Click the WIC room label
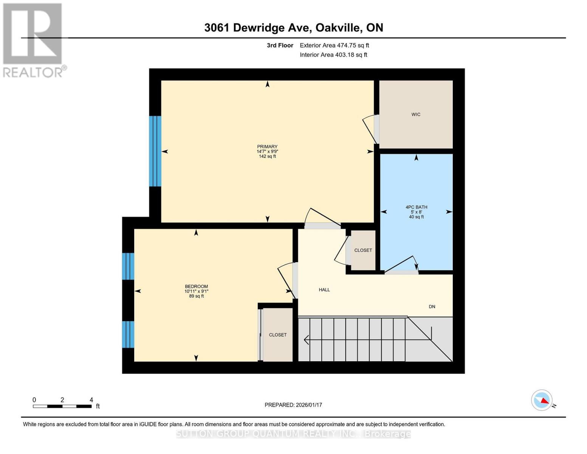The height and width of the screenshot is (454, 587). tap(416, 114)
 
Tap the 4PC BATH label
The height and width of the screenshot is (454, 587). tap(416, 207)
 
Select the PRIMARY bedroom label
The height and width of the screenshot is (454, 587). tap(267, 146)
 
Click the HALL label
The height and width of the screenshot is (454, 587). tap(324, 290)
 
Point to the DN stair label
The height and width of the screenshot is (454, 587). tap(432, 306)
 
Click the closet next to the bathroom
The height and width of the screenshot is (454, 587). tap(363, 250)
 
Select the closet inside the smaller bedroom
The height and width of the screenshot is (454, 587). tap(277, 335)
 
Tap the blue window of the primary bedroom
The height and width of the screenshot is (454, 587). tap(155, 151)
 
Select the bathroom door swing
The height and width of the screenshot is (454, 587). tap(401, 264)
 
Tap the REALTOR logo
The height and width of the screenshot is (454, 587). tap(33, 40)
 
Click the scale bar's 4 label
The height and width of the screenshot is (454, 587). tap(91, 400)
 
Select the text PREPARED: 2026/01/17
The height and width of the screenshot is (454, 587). tap(293, 405)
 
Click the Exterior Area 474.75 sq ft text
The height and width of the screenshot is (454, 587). tap(334, 45)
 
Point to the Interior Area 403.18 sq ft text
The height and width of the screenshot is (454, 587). tap(333, 55)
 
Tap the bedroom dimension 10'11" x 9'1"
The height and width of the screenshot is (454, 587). tap(196, 291)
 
